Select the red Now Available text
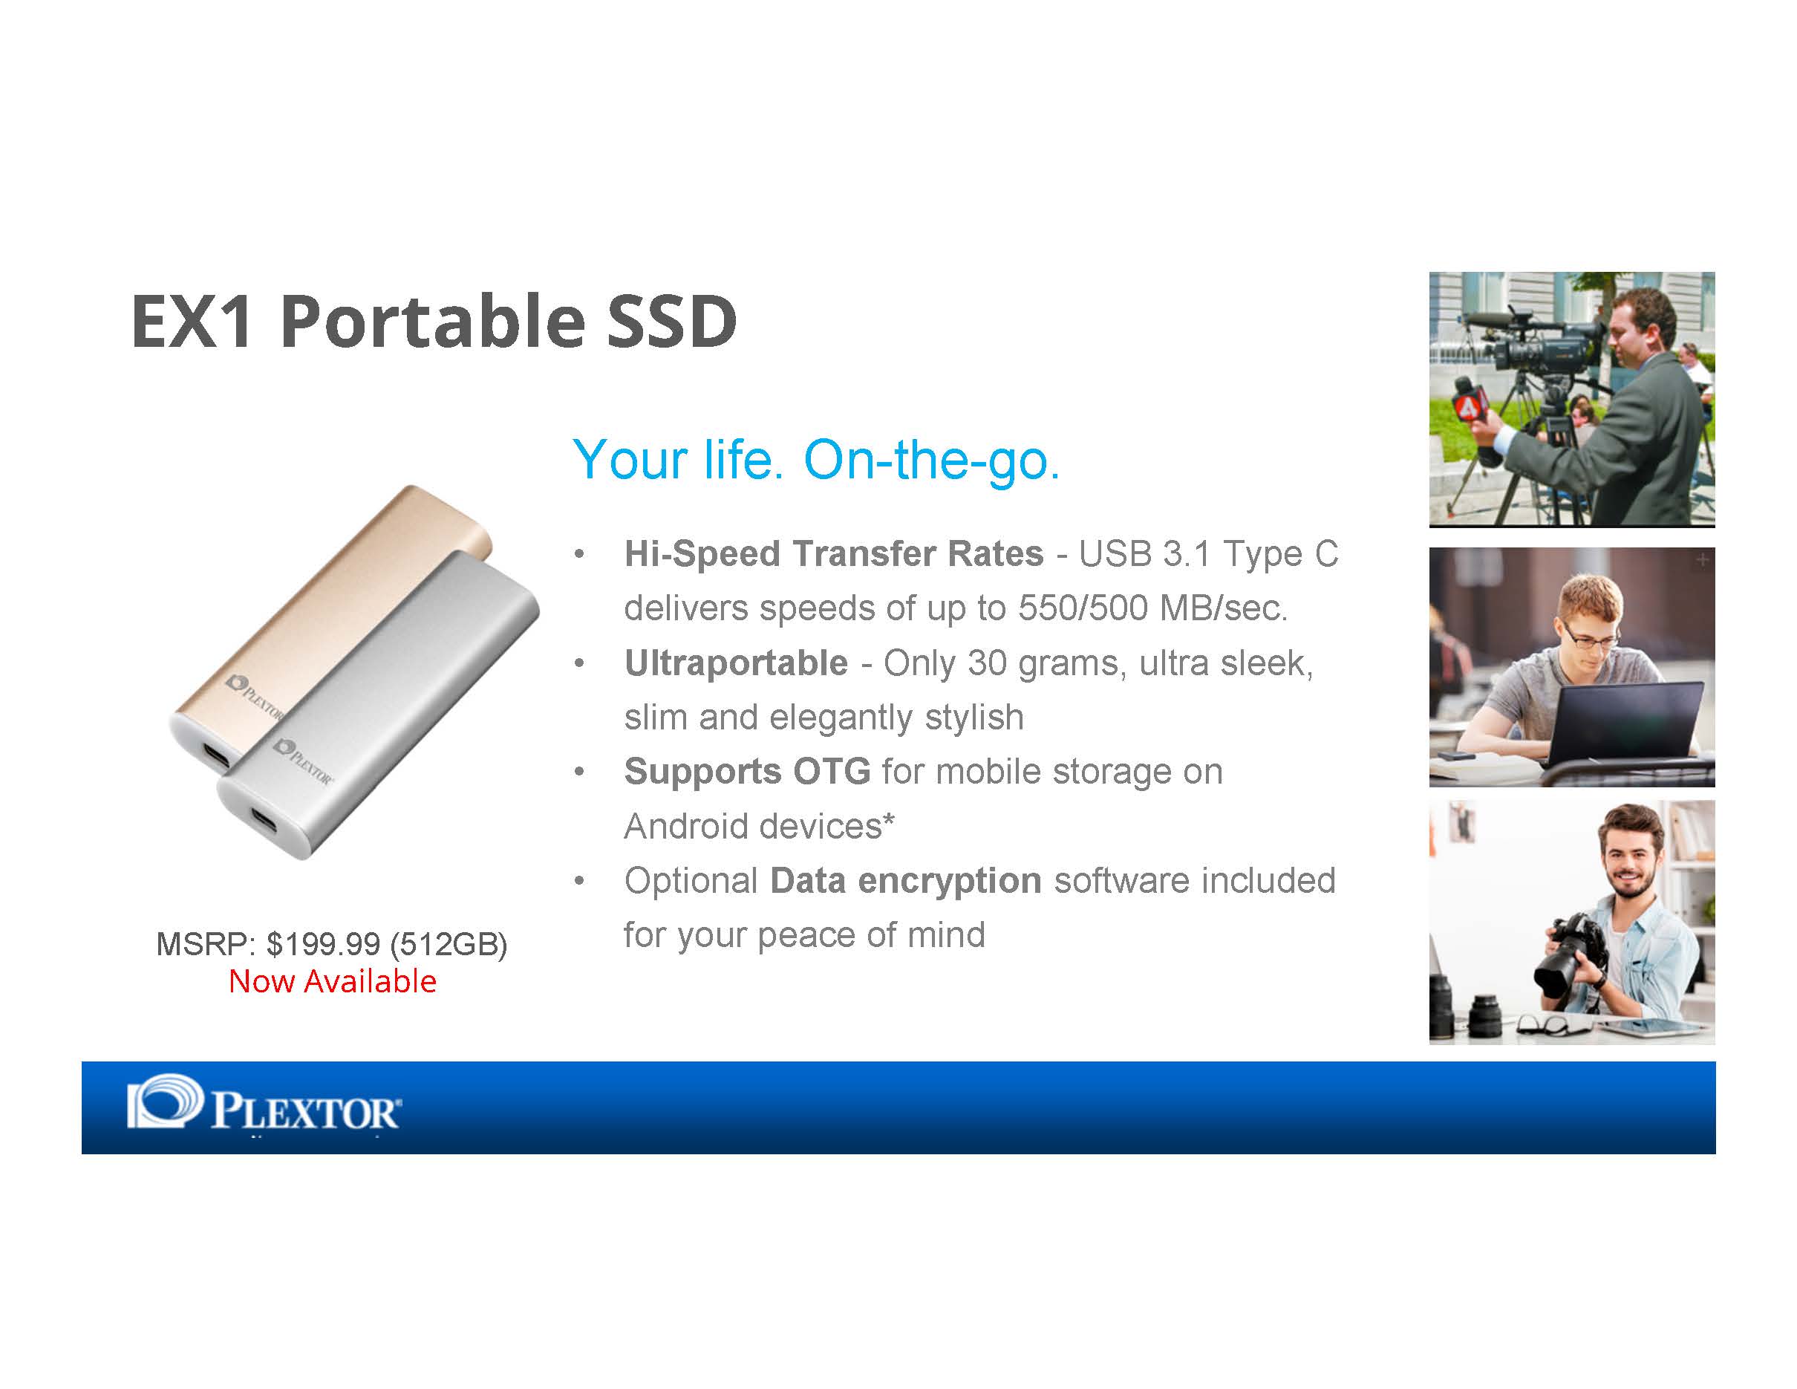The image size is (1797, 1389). (x=333, y=981)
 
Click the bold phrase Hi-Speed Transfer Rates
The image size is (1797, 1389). (x=833, y=554)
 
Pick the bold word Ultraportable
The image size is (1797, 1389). (x=736, y=663)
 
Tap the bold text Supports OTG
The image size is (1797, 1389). (x=747, y=772)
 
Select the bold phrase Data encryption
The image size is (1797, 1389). (x=906, y=880)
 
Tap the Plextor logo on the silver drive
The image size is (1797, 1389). (x=303, y=761)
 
